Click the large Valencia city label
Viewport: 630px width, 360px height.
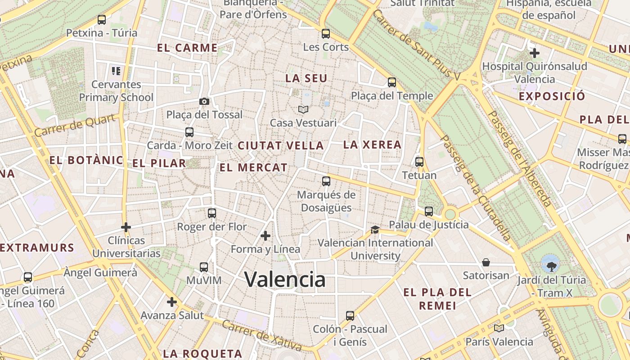coord(285,279)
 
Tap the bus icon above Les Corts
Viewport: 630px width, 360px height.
coord(326,34)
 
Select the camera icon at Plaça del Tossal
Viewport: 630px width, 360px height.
coord(204,101)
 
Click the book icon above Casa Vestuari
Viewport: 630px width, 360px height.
coord(303,109)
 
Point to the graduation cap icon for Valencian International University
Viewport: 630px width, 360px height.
coord(375,229)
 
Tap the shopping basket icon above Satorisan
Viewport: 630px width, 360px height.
coord(486,262)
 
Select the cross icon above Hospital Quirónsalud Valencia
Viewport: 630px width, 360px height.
coord(535,53)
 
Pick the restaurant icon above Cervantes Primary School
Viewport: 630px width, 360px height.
coord(116,71)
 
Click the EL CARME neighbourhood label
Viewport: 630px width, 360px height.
coord(188,48)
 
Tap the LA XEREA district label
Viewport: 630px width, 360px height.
coord(372,144)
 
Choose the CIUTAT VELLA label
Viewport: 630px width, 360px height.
coord(281,145)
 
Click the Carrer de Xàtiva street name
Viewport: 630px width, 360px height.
coord(261,335)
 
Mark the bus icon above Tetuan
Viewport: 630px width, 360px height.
coord(419,162)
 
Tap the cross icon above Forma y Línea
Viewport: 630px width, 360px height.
coord(265,236)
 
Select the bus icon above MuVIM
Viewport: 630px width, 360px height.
coord(204,267)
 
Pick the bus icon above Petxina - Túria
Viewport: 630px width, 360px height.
coord(102,20)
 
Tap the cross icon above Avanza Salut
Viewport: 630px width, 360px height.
coord(172,302)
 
